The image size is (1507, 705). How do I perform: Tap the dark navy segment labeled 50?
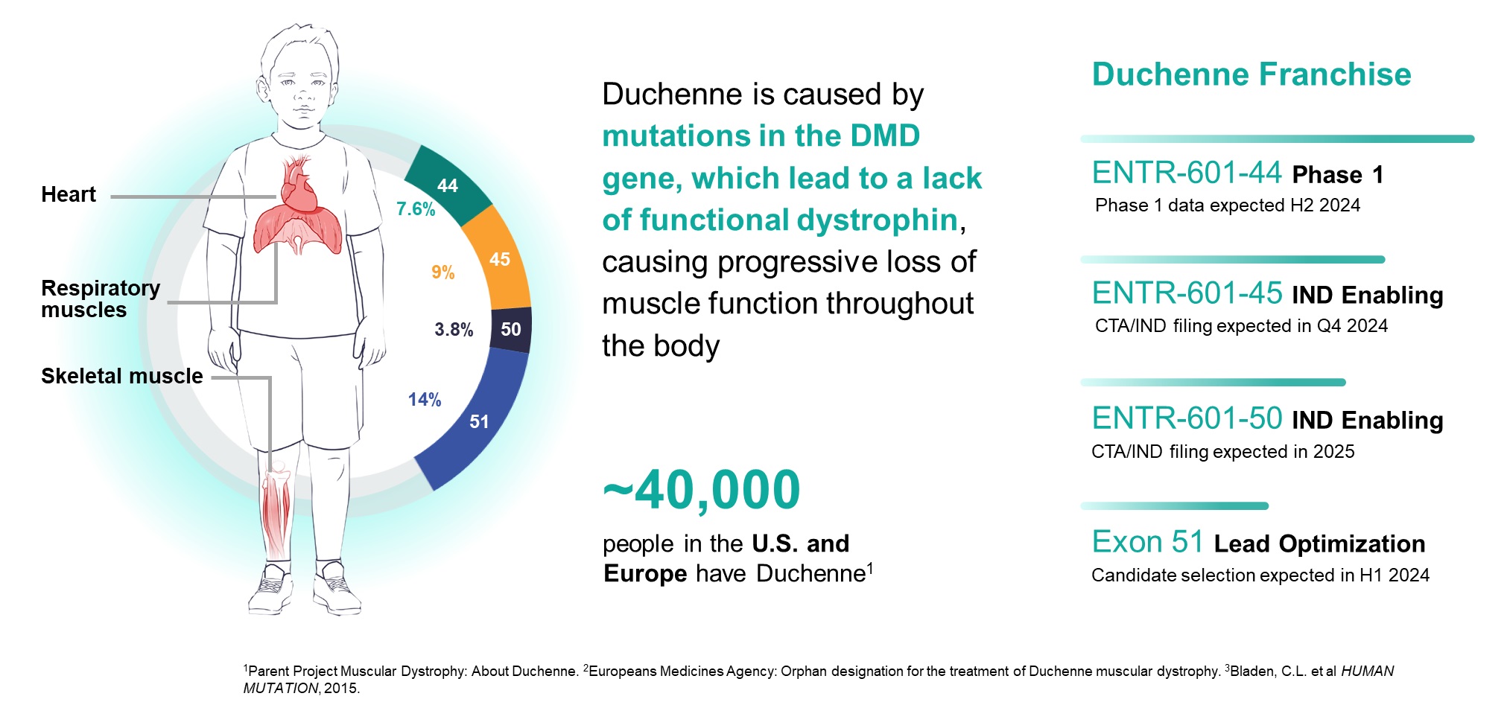pos(511,329)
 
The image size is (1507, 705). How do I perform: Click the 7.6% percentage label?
pos(416,209)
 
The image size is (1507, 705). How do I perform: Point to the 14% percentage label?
pos(425,400)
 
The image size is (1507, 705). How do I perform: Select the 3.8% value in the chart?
pos(454,329)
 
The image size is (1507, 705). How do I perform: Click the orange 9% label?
pos(443,272)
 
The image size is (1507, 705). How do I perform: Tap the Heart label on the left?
pos(69,194)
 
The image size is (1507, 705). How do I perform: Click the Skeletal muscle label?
pos(121,376)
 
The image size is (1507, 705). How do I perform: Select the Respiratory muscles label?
pos(100,299)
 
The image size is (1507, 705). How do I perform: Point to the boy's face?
pos(302,89)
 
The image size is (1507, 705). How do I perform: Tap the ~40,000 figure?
pos(701,491)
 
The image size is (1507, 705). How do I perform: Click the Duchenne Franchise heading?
pos(1251,74)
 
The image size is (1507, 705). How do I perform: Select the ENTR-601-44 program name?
pos(1187,173)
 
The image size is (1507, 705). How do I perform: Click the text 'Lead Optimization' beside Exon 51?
pos(1319,543)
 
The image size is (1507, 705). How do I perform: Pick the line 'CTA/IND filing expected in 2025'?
pos(1222,452)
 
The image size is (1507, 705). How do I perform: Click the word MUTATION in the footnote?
pos(281,689)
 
